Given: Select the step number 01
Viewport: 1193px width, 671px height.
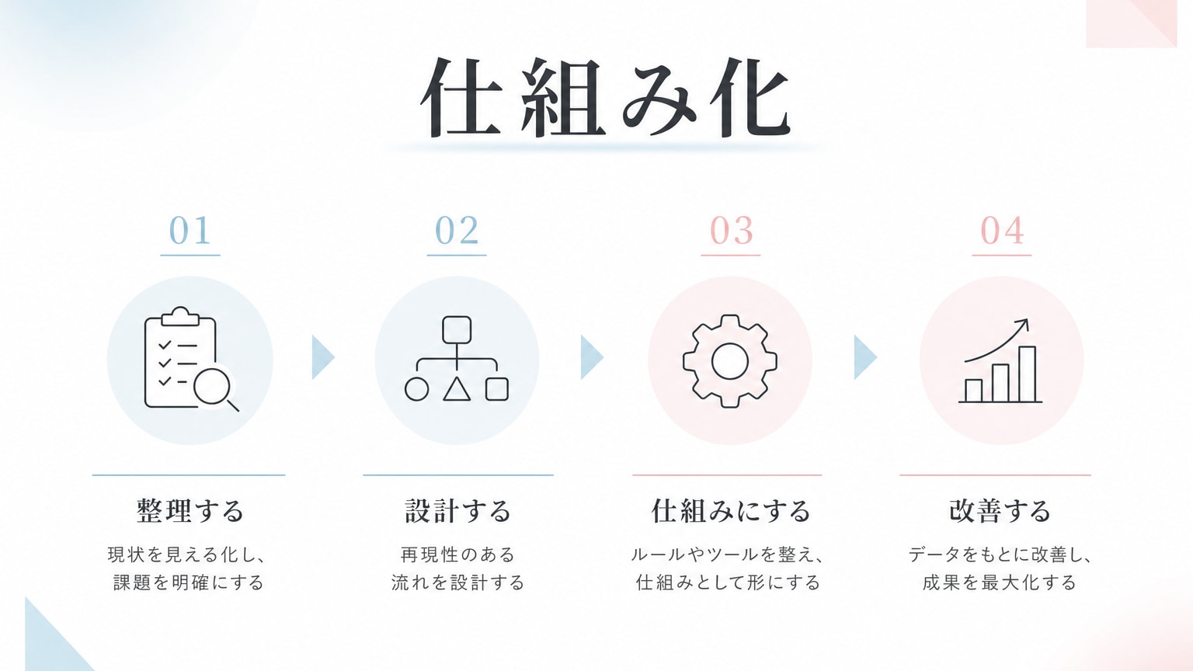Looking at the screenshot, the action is pyautogui.click(x=190, y=231).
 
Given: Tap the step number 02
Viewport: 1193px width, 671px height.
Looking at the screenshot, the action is pyautogui.click(x=457, y=231).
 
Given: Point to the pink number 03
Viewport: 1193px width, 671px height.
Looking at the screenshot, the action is pyautogui.click(x=731, y=231).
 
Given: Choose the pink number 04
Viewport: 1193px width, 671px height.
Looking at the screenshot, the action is pyautogui.click(x=1002, y=231).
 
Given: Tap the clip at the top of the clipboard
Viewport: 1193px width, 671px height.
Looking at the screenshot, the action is pyautogui.click(x=180, y=316).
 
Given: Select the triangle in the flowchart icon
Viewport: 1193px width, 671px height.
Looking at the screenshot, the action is pyautogui.click(x=457, y=389).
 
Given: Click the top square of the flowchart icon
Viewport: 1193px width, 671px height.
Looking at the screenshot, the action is pyautogui.click(x=457, y=330).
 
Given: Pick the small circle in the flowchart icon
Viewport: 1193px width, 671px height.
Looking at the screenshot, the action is pyautogui.click(x=416, y=389).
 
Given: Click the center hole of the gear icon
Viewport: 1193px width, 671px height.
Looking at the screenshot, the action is pyautogui.click(x=729, y=362).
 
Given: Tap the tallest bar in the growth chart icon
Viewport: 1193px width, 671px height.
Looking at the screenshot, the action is pyautogui.click(x=1028, y=374).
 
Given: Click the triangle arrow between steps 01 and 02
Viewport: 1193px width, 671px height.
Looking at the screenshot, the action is pyautogui.click(x=322, y=357).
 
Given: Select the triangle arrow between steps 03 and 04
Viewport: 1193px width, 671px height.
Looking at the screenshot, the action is pyautogui.click(x=864, y=357).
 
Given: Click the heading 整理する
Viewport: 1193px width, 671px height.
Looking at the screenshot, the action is pyautogui.click(x=190, y=511).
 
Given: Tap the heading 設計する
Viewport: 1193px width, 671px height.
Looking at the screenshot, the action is pyautogui.click(x=458, y=511).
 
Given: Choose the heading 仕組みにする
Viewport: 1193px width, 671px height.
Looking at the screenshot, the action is pyautogui.click(x=731, y=511).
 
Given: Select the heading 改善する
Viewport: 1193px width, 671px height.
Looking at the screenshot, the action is pyautogui.click(x=1000, y=511).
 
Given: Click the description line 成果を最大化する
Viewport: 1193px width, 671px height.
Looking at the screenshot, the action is pyautogui.click(x=1000, y=582).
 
